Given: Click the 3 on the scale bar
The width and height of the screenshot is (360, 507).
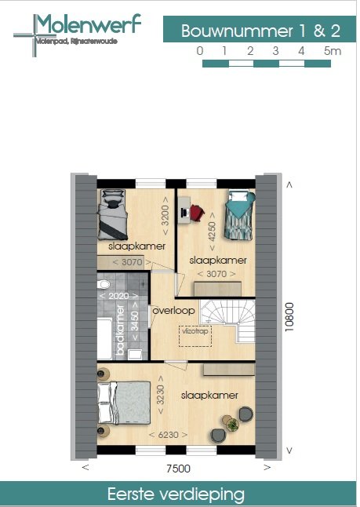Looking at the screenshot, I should coord(276,51).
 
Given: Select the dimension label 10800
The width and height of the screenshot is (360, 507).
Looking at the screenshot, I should coord(289,319).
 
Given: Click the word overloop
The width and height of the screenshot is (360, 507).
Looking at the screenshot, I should coord(173,311).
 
